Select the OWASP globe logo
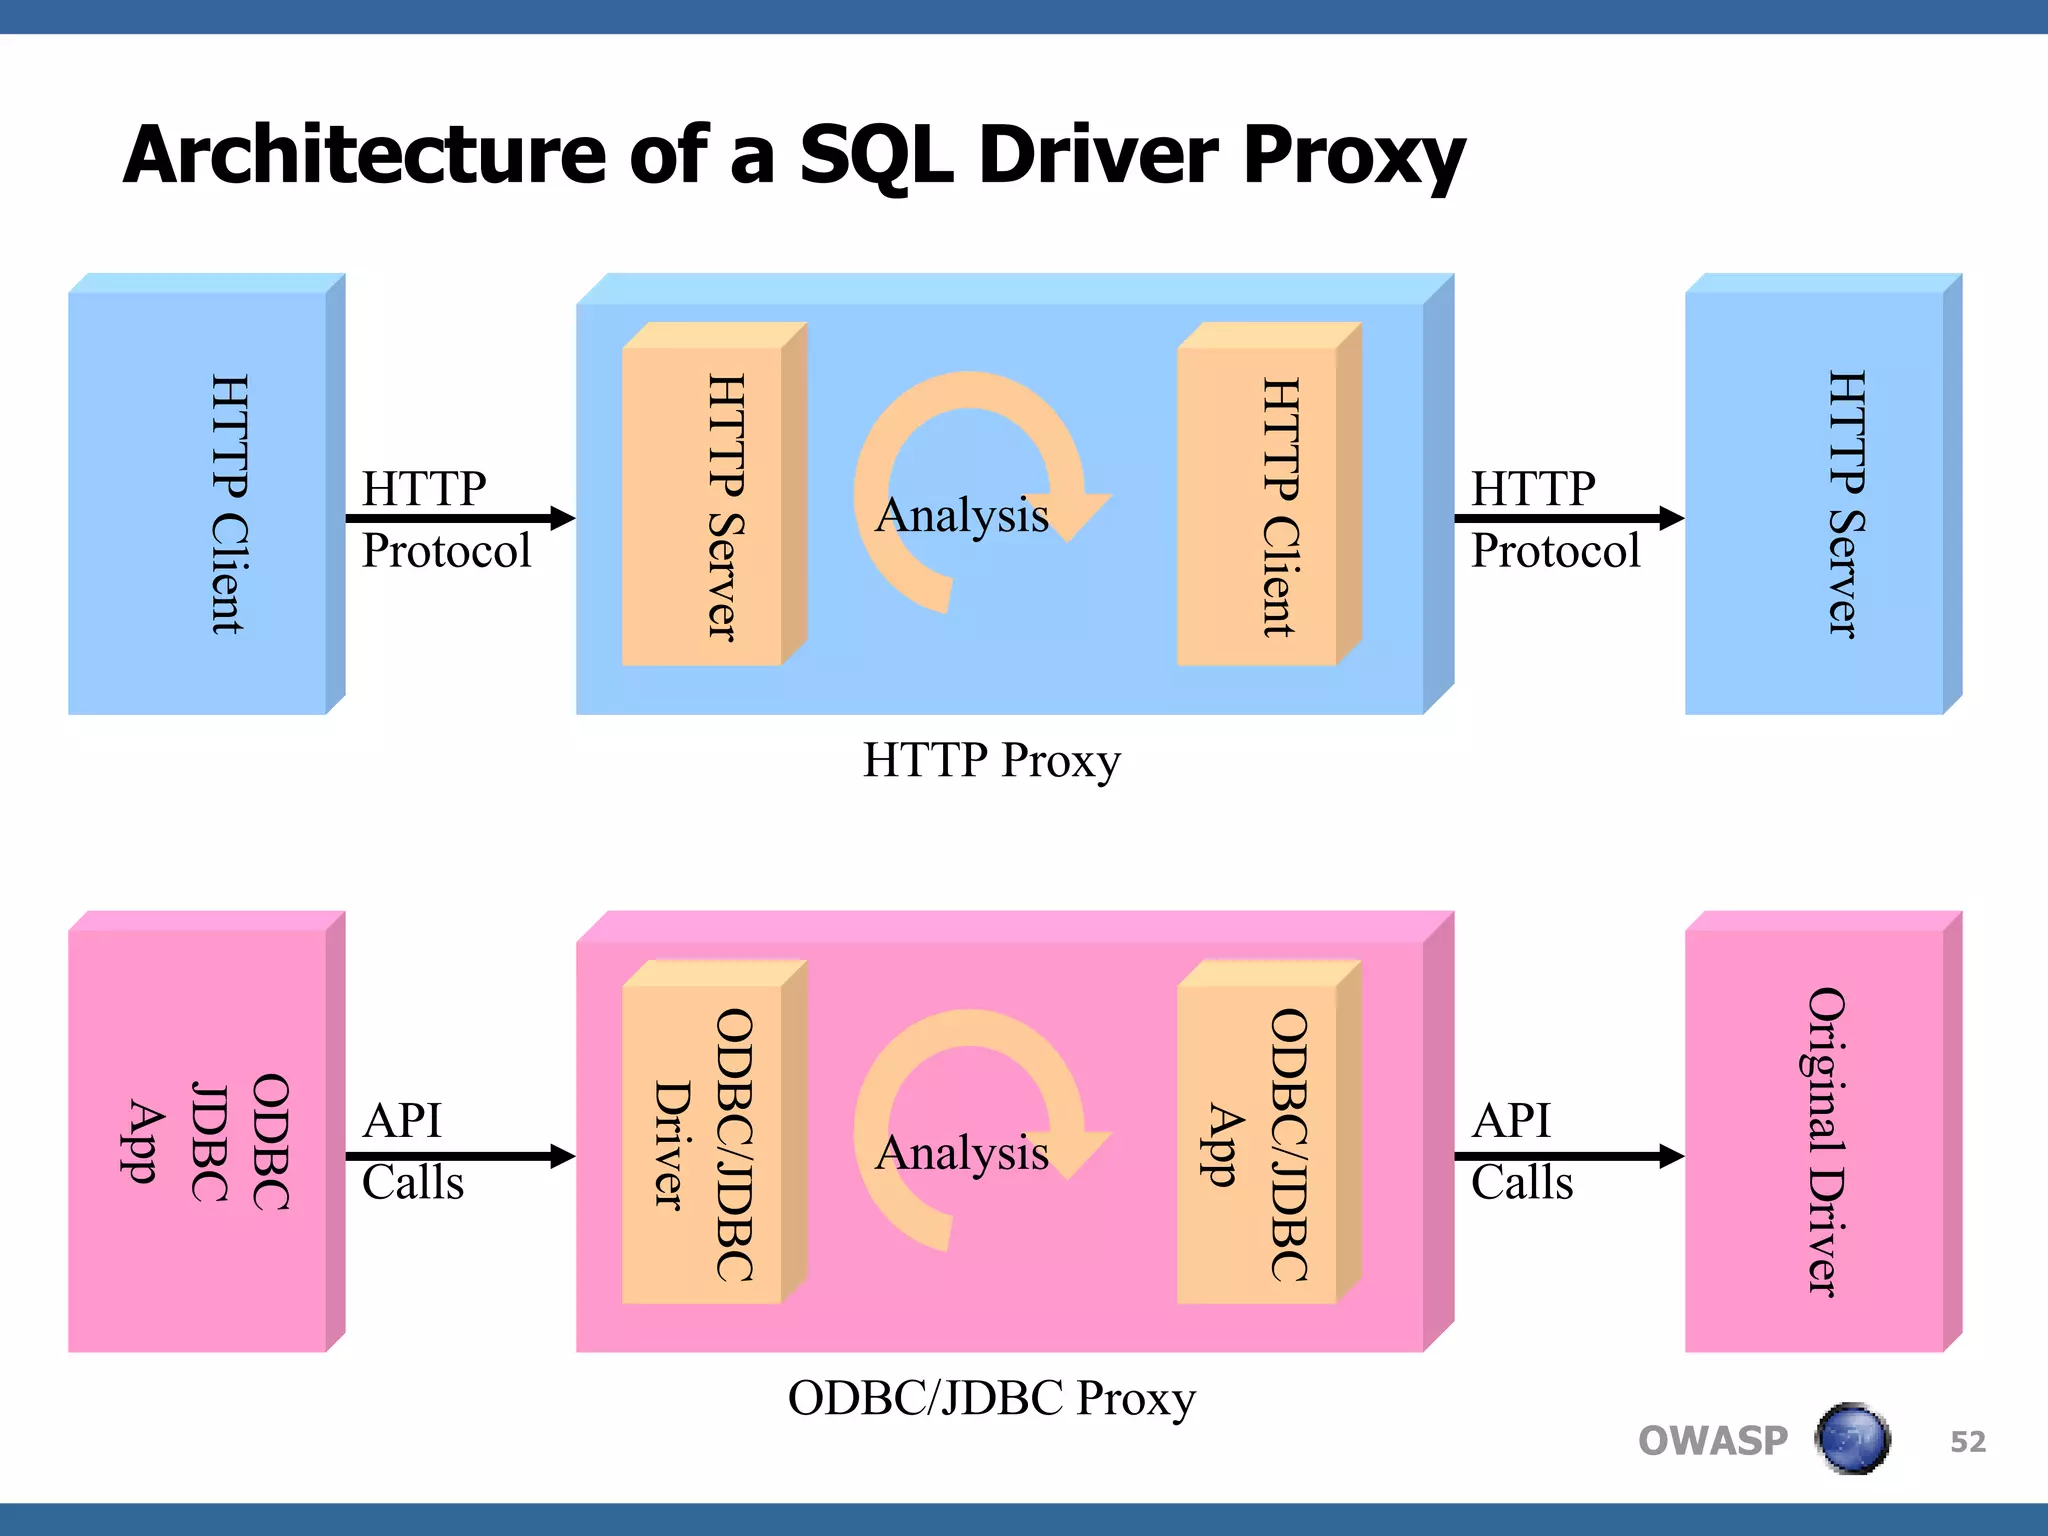[x=1852, y=1439]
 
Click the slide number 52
[x=1967, y=1441]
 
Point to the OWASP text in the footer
[x=1712, y=1441]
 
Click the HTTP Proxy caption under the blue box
[x=991, y=760]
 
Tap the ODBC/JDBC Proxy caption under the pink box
[x=991, y=1398]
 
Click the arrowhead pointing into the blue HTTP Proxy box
[x=563, y=518]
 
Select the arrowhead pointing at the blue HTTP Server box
[x=1671, y=518]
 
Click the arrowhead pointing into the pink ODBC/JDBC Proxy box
[x=563, y=1156]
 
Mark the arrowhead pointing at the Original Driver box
[x=1671, y=1156]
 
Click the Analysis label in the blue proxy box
[x=962, y=515]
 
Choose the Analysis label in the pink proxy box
[x=962, y=1153]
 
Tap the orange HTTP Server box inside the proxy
[x=702, y=506]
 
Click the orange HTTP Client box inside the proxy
[x=1257, y=506]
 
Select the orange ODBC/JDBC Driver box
[x=702, y=1144]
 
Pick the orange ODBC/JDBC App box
[x=1257, y=1144]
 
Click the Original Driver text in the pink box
[x=1825, y=1141]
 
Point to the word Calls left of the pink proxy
[x=412, y=1183]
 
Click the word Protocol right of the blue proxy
[x=1555, y=551]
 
